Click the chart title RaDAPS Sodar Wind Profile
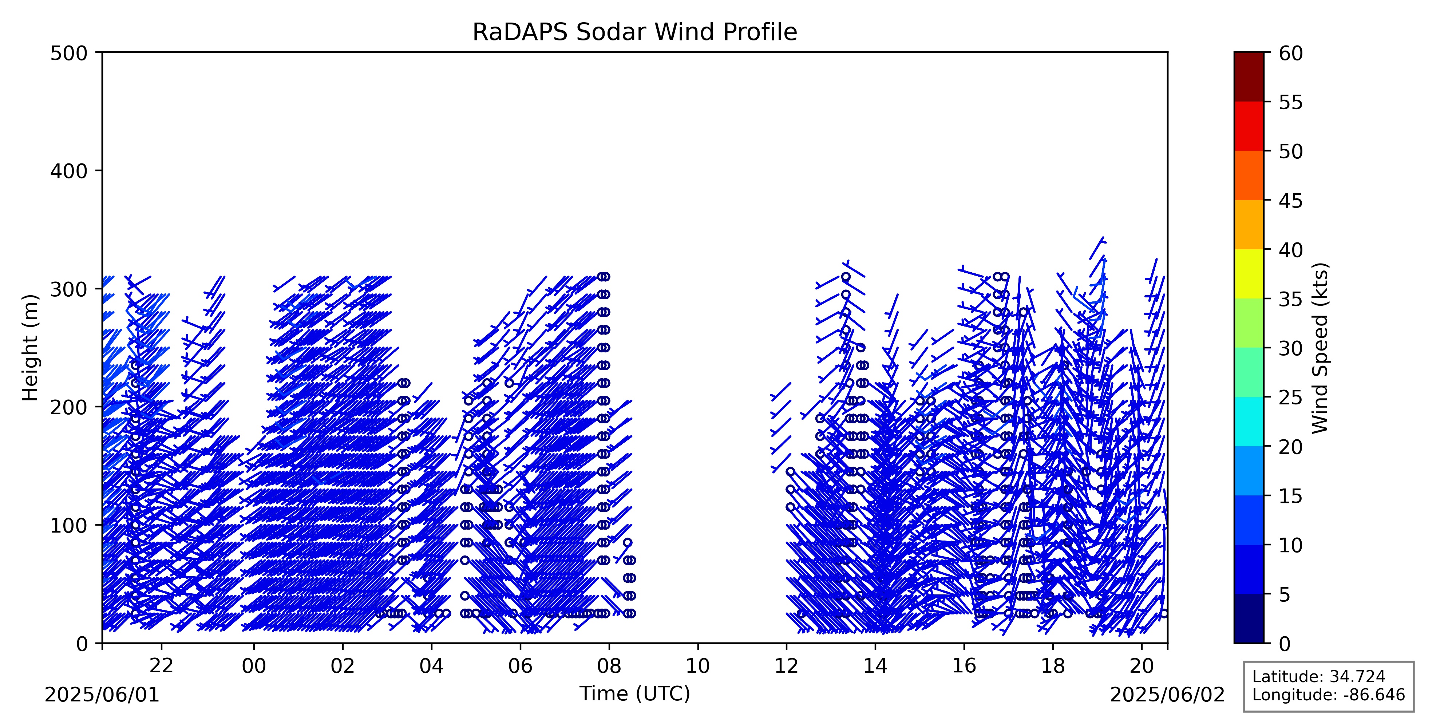click(x=635, y=32)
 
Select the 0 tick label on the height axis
click(x=82, y=643)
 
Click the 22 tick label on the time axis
click(x=161, y=666)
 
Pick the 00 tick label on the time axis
click(x=254, y=666)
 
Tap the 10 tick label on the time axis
click(x=697, y=666)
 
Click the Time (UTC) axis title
click(x=635, y=693)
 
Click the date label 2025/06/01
click(x=102, y=695)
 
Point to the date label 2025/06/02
click(x=1167, y=695)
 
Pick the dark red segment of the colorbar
click(x=1249, y=77)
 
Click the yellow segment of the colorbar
click(x=1249, y=274)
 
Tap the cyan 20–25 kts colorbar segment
click(x=1249, y=421)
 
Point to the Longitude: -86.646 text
click(x=1328, y=695)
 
